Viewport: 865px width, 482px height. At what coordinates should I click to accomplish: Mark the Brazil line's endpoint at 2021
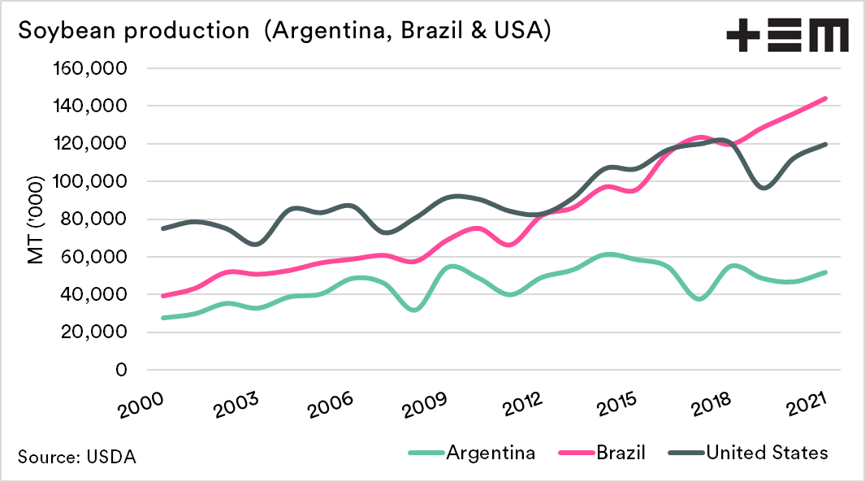coord(826,98)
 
